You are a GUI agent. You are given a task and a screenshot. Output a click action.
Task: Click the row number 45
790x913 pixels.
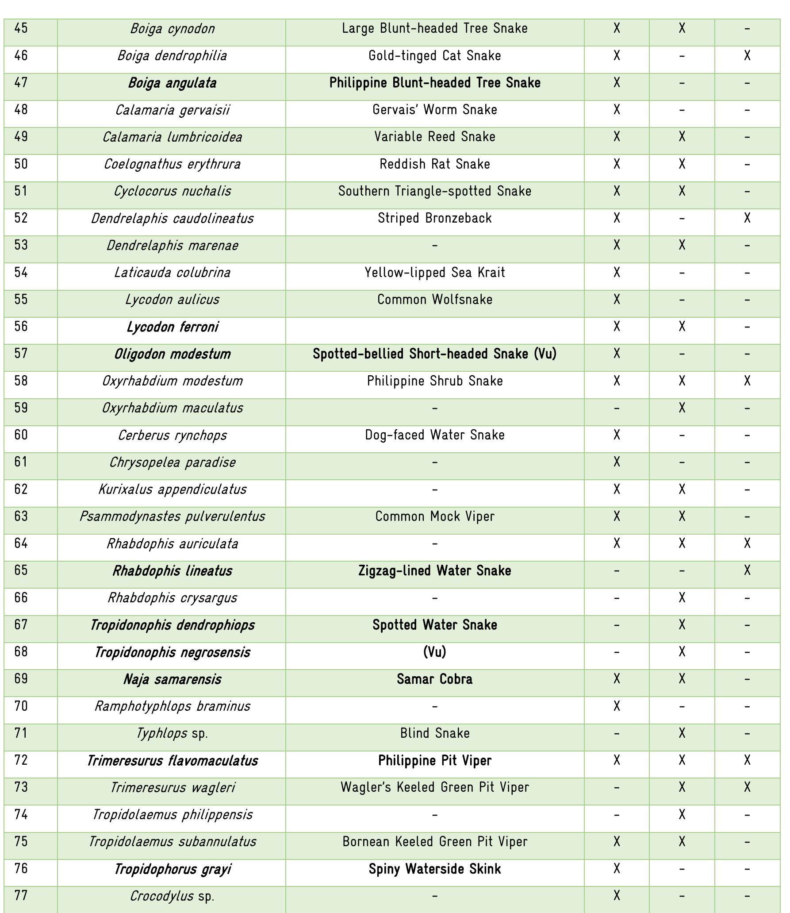click(21, 28)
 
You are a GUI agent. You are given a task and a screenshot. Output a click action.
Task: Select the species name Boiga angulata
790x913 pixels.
click(172, 83)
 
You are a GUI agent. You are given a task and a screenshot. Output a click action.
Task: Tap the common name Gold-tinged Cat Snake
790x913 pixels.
click(434, 56)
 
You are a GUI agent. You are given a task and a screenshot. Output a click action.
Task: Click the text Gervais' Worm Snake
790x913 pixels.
click(434, 110)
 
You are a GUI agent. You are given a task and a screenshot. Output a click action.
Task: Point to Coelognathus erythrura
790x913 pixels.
click(172, 164)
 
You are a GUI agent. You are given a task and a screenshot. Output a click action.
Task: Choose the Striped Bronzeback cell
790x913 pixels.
click(434, 218)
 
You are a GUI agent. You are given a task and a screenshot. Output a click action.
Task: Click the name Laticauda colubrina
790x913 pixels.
click(172, 273)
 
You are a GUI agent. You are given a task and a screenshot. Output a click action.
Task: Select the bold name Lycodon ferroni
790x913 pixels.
click(172, 327)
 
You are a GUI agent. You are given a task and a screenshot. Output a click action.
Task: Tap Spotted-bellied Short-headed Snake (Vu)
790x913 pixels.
click(434, 354)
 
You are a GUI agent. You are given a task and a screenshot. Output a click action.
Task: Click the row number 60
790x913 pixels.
click(21, 435)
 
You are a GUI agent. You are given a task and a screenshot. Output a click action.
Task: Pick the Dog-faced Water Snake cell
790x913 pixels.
click(434, 435)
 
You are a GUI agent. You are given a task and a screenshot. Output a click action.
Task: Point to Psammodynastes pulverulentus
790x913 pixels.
click(172, 516)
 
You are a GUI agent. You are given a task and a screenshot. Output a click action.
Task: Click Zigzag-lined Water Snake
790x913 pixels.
click(434, 571)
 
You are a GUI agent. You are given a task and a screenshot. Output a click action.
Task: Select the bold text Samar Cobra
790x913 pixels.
click(434, 679)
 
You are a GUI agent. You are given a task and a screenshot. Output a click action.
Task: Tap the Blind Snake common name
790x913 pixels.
click(434, 733)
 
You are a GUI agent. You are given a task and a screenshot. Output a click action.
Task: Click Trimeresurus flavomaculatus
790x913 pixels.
click(172, 761)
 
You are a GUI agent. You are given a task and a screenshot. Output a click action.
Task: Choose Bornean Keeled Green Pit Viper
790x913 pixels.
click(434, 842)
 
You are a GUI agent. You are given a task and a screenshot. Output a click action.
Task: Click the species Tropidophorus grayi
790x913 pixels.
click(172, 869)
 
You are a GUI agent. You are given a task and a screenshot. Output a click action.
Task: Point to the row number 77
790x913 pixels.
click(21, 896)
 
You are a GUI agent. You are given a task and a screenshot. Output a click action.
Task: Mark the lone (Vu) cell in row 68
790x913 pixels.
click(434, 652)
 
